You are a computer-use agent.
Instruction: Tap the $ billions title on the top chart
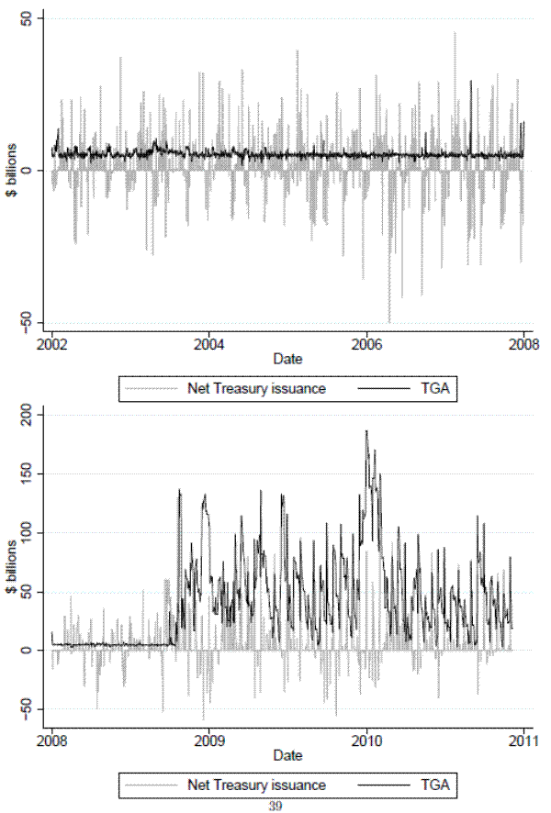(x=10, y=170)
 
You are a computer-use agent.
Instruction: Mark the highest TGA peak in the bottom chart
(x=366, y=430)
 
